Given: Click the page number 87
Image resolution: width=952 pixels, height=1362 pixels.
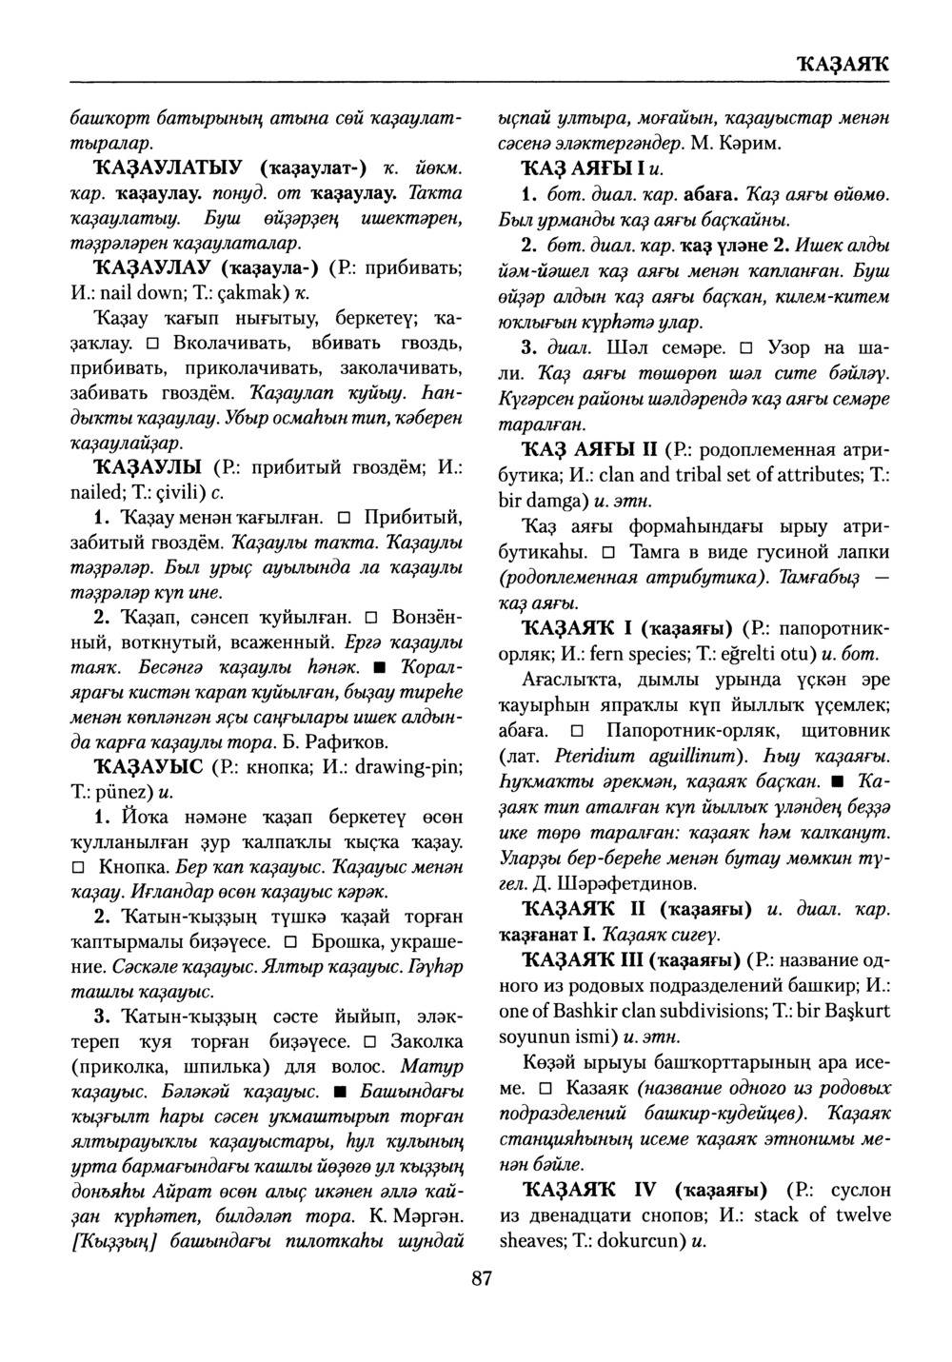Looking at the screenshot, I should pyautogui.click(x=481, y=1279).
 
